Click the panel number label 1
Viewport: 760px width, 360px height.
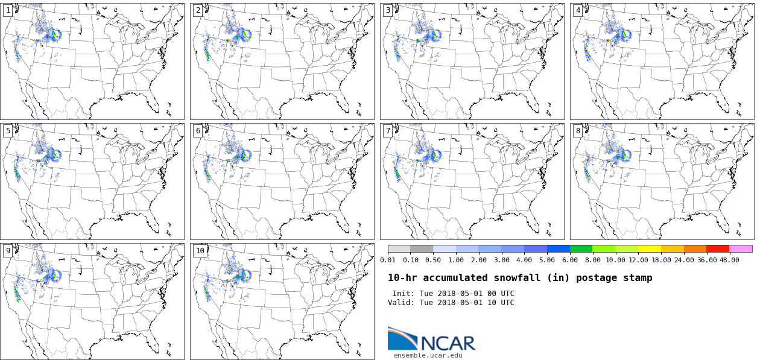coord(8,10)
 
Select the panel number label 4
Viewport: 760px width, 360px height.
coord(578,10)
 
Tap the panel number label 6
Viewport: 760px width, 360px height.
coord(198,131)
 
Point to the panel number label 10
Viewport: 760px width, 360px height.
coord(200,251)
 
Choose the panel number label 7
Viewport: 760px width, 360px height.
coord(388,131)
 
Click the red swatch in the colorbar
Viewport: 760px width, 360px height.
coord(718,248)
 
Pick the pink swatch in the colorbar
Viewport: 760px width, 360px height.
coord(741,248)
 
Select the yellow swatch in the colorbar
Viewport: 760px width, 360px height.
coord(650,248)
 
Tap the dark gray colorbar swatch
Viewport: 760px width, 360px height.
coord(422,248)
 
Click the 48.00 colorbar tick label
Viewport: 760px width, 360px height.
coord(729,260)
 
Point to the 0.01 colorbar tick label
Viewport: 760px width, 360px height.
coord(388,260)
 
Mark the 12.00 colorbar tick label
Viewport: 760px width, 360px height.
coord(638,260)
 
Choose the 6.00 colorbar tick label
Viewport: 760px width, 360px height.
coord(569,260)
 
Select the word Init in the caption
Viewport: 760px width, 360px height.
coord(404,294)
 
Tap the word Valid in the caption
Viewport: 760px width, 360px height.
coord(401,303)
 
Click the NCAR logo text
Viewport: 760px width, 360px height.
coord(448,343)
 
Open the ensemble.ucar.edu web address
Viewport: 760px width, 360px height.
coord(428,355)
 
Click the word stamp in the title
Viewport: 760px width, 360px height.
coord(638,278)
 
